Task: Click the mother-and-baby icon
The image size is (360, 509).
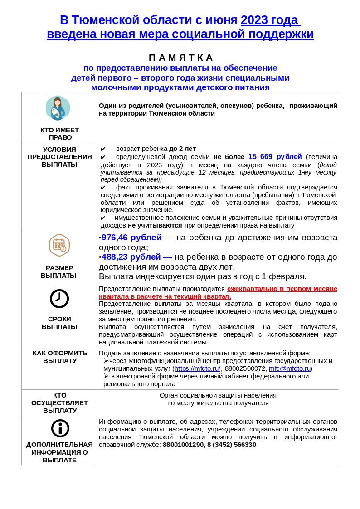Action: point(58,108)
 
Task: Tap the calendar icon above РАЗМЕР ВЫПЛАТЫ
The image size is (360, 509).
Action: point(59,245)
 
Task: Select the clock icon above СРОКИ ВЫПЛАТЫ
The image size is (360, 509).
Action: point(59,299)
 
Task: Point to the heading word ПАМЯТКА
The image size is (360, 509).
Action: point(181,58)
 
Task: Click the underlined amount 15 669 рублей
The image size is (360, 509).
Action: point(275,157)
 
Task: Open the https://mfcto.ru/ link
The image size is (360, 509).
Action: point(197,368)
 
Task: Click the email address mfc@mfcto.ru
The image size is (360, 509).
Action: point(289,368)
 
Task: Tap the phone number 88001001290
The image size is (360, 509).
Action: point(183,445)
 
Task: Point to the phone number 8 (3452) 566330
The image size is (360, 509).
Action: point(232,445)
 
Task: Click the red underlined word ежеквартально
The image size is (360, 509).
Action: point(252,289)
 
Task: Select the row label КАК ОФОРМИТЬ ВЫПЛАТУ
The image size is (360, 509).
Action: point(59,357)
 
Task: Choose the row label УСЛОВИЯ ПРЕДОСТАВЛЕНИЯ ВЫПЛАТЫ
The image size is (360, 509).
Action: point(59,157)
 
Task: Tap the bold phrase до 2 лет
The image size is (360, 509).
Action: point(182,149)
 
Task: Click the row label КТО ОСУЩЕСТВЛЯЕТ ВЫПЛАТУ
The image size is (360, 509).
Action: point(59,403)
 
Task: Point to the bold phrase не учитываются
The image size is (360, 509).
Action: point(155,225)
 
